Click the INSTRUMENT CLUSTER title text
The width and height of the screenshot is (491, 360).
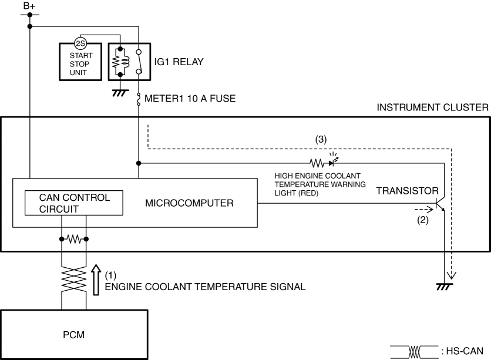[432, 108]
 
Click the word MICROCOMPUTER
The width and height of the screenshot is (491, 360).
[189, 203]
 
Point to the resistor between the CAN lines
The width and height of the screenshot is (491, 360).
[73, 239]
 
